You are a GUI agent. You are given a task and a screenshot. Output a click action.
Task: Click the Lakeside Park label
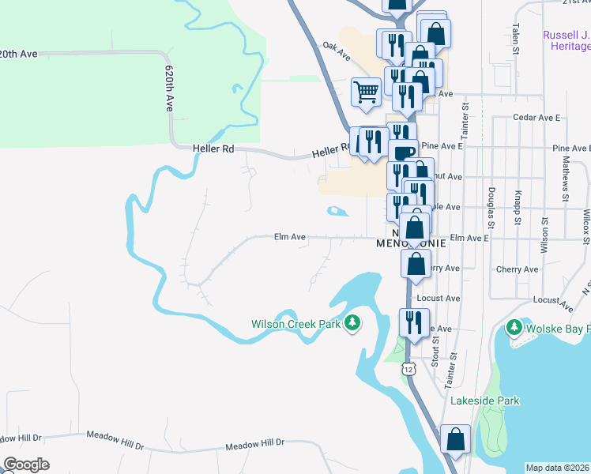[485, 401]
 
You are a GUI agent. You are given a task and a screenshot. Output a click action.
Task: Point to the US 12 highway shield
[408, 368]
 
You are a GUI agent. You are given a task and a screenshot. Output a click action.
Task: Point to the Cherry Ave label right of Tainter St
[517, 269]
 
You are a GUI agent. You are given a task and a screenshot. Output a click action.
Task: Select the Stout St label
[435, 353]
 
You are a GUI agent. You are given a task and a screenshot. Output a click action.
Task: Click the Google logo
[26, 465]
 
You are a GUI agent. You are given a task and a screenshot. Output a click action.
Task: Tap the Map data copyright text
[558, 468]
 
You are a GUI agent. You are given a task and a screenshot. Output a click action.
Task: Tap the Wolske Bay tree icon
[514, 326]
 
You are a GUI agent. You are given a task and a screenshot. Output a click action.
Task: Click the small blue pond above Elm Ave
[337, 211]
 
